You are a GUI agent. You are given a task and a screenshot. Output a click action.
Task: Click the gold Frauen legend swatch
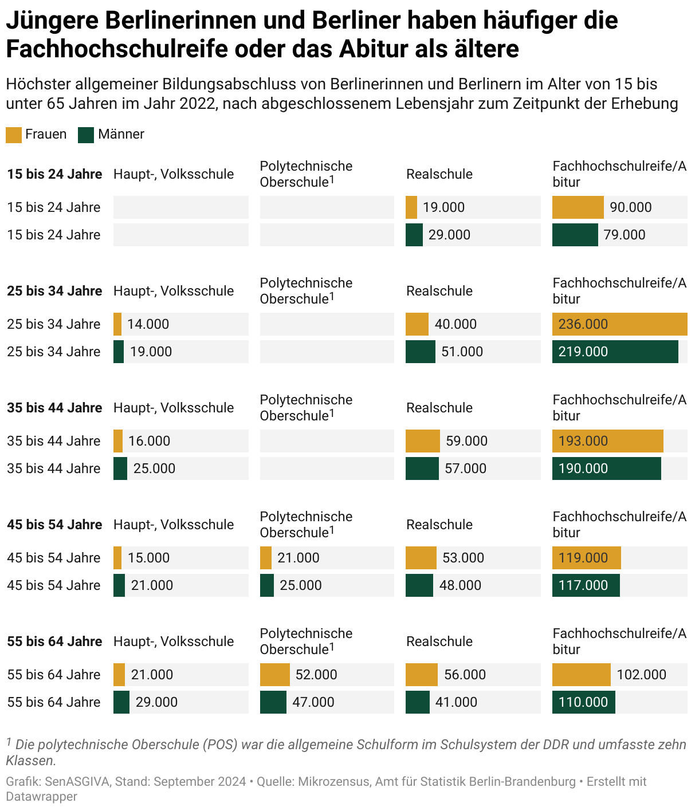(x=13, y=135)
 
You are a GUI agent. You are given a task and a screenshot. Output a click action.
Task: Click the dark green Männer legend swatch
(x=86, y=135)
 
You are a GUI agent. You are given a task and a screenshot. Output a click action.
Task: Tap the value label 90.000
(x=630, y=207)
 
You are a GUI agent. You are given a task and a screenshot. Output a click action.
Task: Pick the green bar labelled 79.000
(x=575, y=235)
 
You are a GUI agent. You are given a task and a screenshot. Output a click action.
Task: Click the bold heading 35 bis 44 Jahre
(x=54, y=408)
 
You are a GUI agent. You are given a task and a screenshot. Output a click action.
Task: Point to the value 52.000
(x=316, y=675)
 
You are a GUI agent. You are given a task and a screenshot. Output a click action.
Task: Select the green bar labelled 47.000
(x=273, y=702)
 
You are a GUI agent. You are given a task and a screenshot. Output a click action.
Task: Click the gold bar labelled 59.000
(x=422, y=441)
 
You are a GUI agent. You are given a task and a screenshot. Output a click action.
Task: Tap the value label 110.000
(x=583, y=702)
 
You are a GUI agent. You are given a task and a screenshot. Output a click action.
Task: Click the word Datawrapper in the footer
(x=41, y=796)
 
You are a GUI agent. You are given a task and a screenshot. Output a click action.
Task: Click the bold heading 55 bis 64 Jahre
(x=54, y=641)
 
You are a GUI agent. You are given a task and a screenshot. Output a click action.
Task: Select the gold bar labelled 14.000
(x=117, y=324)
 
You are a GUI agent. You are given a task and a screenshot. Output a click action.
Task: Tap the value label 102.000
(x=641, y=675)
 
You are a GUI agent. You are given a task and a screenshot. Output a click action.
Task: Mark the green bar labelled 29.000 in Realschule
(x=414, y=235)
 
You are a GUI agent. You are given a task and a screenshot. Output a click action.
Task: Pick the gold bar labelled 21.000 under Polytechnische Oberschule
(x=265, y=558)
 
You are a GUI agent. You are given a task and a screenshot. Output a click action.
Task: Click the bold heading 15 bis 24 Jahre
(x=54, y=174)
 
